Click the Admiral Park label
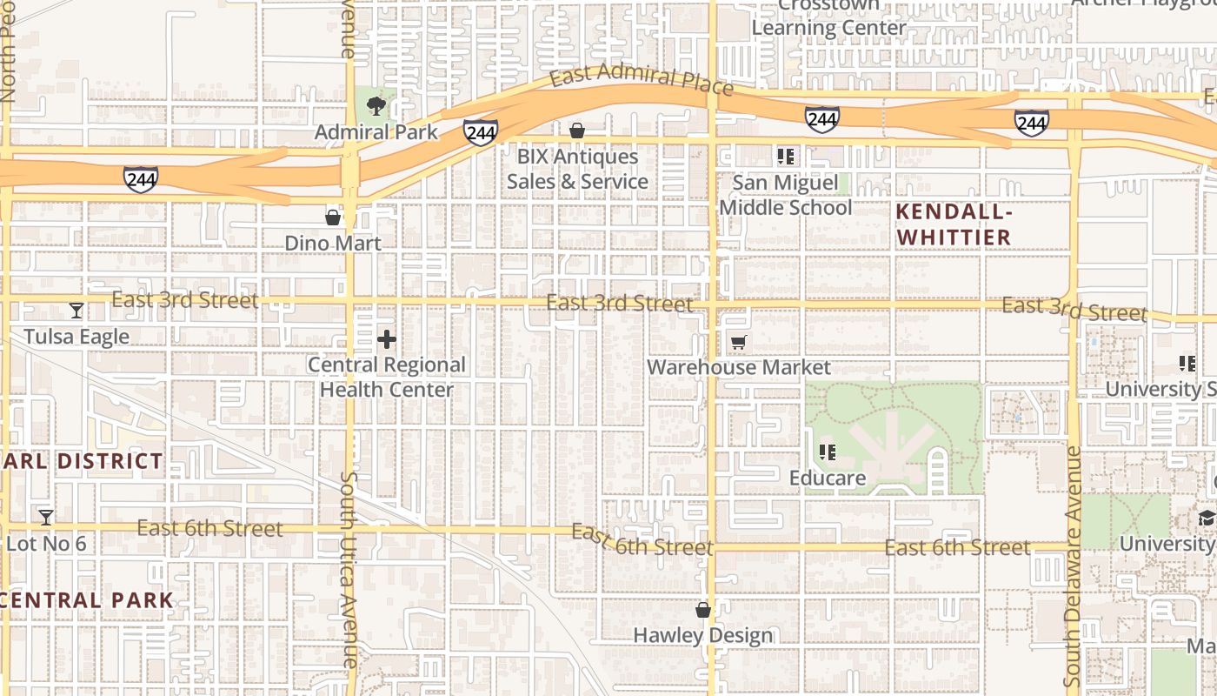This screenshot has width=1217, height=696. pyautogui.click(x=376, y=132)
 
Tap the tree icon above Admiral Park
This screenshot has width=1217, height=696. pyautogui.click(x=376, y=107)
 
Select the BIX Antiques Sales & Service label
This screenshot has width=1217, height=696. pyautogui.click(x=577, y=169)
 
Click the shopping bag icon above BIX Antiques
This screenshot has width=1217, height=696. pyautogui.click(x=577, y=130)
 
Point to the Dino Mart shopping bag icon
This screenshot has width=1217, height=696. pyautogui.click(x=333, y=217)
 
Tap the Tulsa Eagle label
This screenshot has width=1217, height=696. pyautogui.click(x=76, y=337)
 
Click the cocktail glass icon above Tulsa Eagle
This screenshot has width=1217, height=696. pyautogui.click(x=76, y=311)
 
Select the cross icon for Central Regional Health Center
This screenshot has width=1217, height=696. pyautogui.click(x=387, y=339)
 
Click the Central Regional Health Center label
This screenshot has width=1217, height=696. pyautogui.click(x=387, y=377)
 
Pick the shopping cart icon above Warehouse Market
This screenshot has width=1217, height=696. pyautogui.click(x=738, y=343)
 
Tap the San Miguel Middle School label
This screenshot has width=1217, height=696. pyautogui.click(x=785, y=195)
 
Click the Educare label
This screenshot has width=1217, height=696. pyautogui.click(x=828, y=478)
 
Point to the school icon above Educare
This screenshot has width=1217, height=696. pyautogui.click(x=828, y=452)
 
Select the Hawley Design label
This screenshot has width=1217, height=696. pyautogui.click(x=702, y=635)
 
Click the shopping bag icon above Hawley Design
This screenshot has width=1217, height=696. pyautogui.click(x=703, y=611)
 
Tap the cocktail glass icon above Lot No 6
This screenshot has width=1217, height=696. pyautogui.click(x=46, y=518)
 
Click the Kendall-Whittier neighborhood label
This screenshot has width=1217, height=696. pyautogui.click(x=954, y=224)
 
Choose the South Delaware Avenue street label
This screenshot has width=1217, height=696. pyautogui.click(x=1073, y=565)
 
